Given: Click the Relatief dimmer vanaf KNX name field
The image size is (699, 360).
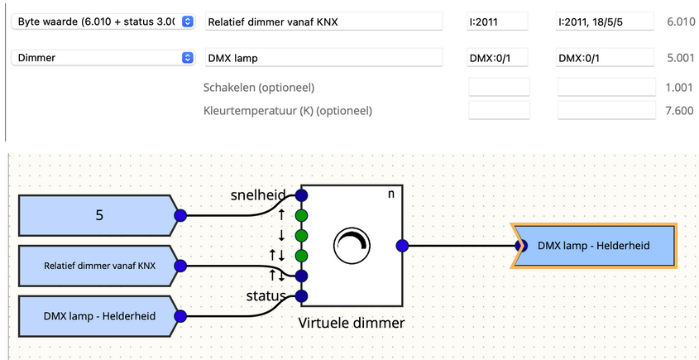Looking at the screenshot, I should (328, 22).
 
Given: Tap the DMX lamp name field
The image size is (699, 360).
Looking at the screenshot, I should (328, 58).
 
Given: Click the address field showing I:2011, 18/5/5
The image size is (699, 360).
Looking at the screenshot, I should (605, 22).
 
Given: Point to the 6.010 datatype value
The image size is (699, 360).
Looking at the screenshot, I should (680, 22).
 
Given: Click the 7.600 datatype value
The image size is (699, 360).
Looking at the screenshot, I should (680, 110).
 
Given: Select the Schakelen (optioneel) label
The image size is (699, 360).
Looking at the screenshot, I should (259, 88).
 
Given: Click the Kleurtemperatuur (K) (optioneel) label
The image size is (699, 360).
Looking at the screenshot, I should (287, 110).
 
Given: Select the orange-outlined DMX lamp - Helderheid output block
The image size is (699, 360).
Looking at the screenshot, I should (594, 245).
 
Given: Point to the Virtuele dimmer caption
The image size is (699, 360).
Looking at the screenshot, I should (352, 323).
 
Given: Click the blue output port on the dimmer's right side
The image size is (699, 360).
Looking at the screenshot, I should (402, 245).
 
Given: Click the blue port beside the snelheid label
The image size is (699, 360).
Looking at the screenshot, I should (301, 196).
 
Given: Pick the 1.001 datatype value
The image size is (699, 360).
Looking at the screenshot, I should (680, 88).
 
